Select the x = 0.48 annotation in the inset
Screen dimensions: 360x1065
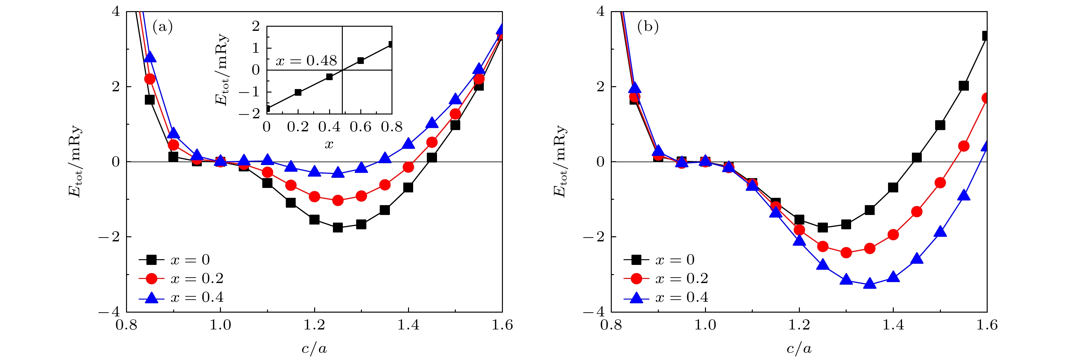coord(306,61)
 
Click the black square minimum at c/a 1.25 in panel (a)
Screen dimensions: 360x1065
coord(338,227)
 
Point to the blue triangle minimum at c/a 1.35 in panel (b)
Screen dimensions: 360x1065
coord(870,284)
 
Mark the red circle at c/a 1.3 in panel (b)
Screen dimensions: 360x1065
coord(846,253)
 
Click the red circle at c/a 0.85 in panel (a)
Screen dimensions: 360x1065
coord(150,79)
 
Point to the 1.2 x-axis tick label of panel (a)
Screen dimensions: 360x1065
coord(314,325)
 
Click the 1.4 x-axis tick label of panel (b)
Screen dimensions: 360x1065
coord(893,325)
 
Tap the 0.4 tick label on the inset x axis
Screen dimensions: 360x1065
coord(329,127)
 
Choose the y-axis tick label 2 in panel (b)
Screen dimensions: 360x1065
coord(600,87)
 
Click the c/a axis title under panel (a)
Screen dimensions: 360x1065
coord(314,349)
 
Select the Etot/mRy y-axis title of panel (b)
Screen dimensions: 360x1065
coord(560,161)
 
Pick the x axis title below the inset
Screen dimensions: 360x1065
coord(329,144)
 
